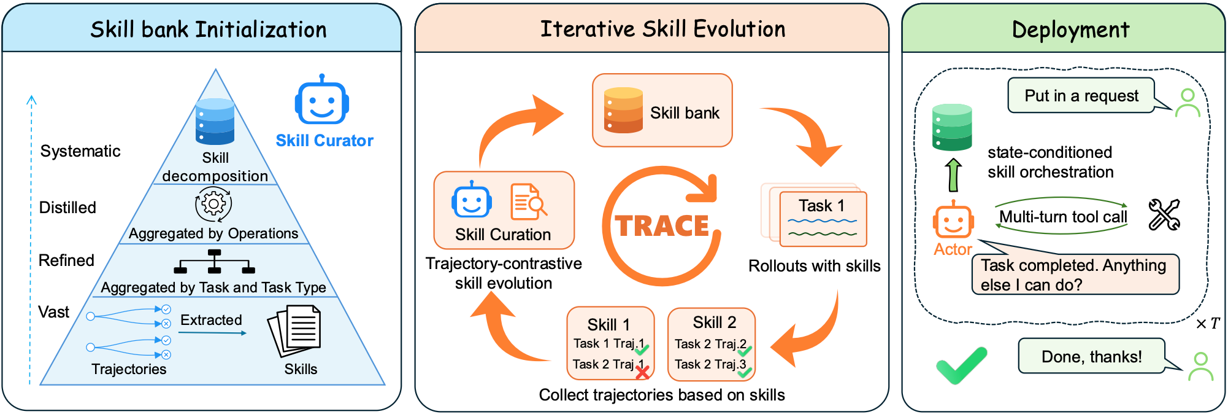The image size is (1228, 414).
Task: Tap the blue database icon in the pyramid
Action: (215, 122)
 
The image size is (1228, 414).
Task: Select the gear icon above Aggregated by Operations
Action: (213, 204)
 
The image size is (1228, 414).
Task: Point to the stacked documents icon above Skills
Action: (294, 332)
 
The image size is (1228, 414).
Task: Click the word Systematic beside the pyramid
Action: (80, 151)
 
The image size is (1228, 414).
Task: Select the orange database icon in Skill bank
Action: (623, 111)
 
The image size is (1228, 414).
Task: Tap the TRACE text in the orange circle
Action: (662, 226)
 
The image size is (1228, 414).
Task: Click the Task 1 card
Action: (823, 219)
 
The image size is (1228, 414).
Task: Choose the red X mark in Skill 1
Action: (642, 372)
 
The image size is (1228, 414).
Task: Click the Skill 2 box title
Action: (715, 322)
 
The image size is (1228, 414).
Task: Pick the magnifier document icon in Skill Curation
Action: (528, 201)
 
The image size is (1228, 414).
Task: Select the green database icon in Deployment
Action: (952, 127)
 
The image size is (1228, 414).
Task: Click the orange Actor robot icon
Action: (953, 219)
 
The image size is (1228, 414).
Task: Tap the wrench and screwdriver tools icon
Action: (1164, 215)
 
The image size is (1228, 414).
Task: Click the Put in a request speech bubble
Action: (1081, 95)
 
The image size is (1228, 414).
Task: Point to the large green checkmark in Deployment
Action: (961, 365)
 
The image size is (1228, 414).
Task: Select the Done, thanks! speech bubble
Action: (1092, 356)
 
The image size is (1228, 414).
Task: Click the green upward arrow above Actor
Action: (953, 175)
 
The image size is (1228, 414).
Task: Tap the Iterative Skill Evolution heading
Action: (662, 29)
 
